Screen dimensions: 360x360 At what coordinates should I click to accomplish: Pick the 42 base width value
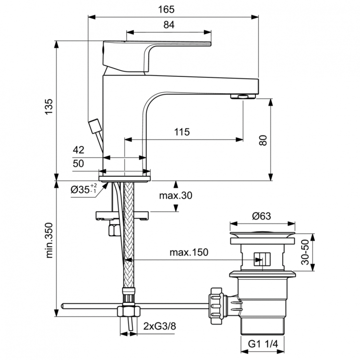(79, 150)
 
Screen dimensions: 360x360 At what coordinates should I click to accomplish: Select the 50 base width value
(79, 164)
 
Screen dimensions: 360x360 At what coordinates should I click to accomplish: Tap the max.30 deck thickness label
(175, 195)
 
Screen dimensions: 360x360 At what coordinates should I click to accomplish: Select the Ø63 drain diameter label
(262, 216)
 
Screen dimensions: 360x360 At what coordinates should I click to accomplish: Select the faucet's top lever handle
(158, 48)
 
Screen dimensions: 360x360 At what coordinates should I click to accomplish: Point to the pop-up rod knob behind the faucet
(95, 128)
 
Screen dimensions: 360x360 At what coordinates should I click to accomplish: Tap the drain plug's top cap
(262, 235)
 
